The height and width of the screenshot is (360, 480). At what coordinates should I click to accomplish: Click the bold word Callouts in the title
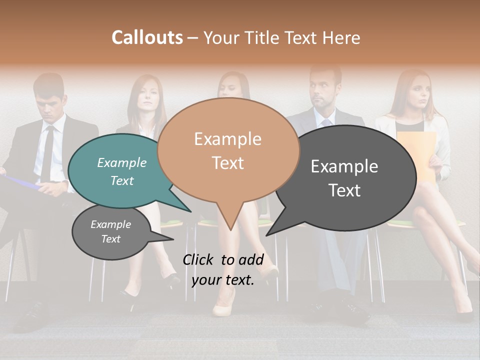147,37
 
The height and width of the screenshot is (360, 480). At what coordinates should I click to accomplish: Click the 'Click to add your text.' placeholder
222,270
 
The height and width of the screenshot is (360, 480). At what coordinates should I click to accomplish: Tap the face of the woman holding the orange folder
414,92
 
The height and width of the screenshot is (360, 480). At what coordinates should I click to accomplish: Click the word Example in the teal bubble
122,163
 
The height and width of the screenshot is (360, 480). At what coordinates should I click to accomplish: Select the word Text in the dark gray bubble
345,190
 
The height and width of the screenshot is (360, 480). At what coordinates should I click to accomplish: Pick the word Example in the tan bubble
227,139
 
